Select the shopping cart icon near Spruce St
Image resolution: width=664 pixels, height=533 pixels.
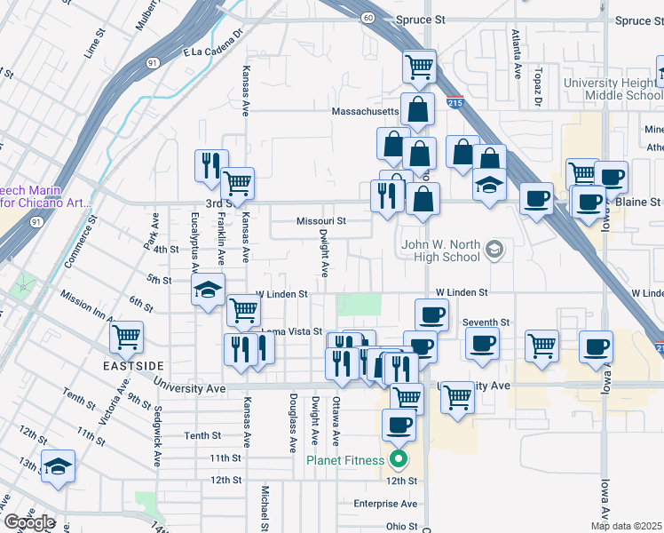(419, 65)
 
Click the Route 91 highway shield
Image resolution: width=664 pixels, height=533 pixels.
(154, 62)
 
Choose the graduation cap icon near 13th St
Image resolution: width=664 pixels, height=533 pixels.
(58, 466)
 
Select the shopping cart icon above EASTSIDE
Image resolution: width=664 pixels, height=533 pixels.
(127, 338)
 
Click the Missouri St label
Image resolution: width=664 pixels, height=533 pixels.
(320, 221)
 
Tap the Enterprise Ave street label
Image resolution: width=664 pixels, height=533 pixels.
(384, 504)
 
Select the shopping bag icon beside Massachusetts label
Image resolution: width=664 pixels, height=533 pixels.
(417, 110)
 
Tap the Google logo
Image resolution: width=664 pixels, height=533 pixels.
(28, 522)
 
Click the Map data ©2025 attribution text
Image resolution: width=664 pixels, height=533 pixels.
(626, 526)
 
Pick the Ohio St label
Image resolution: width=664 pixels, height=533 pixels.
(401, 527)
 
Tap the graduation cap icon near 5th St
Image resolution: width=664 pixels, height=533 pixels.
(209, 290)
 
